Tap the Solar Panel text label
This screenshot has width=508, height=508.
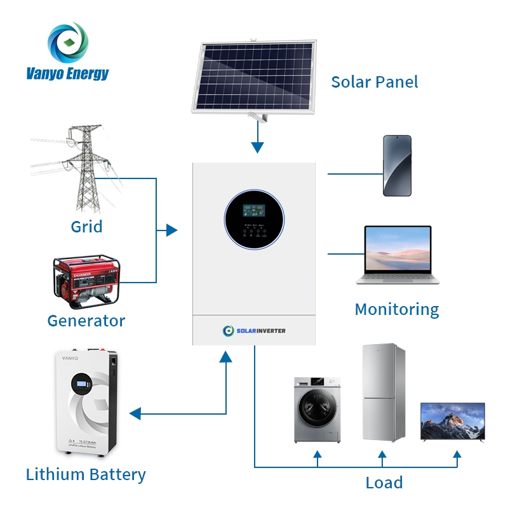pos(375,82)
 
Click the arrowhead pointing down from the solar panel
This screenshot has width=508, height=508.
pos(257,147)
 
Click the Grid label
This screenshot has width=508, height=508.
pos(86,227)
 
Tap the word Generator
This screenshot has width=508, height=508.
pos(86,321)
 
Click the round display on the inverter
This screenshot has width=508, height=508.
pos(255,218)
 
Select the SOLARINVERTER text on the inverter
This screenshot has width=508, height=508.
pos(261,330)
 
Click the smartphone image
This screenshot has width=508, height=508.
pos(397,165)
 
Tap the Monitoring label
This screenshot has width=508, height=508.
pos(397,310)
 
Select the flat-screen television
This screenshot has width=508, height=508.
pos(453,421)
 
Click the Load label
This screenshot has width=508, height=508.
pos(384,483)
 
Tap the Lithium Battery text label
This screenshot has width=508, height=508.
pos(86,474)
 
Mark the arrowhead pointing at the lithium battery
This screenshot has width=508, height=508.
pos(135,414)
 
